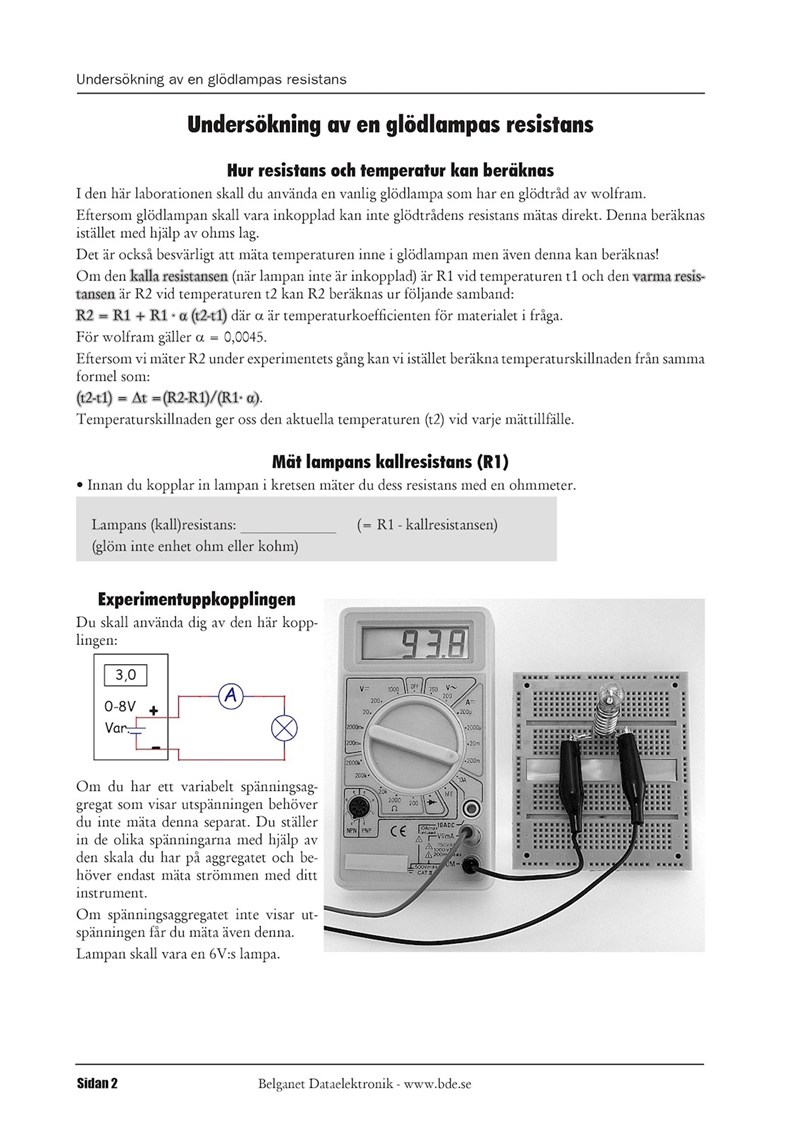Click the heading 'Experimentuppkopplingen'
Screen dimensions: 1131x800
[x=196, y=600]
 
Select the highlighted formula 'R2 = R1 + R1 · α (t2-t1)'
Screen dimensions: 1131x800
[x=152, y=316]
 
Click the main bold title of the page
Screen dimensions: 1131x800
[x=390, y=125]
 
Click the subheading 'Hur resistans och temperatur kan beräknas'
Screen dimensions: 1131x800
[x=390, y=171]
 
